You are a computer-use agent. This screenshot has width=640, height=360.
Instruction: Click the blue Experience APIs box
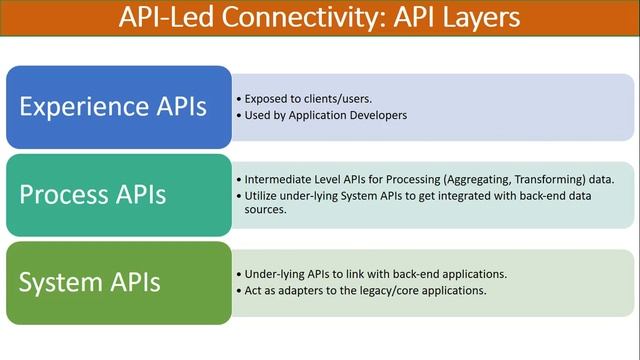(119, 107)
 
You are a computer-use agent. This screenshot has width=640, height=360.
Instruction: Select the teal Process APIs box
(119, 194)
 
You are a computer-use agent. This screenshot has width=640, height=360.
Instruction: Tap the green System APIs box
(119, 282)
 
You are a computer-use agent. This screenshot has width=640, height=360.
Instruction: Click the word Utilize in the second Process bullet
(261, 195)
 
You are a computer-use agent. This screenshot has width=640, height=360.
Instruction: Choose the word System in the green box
(62, 282)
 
